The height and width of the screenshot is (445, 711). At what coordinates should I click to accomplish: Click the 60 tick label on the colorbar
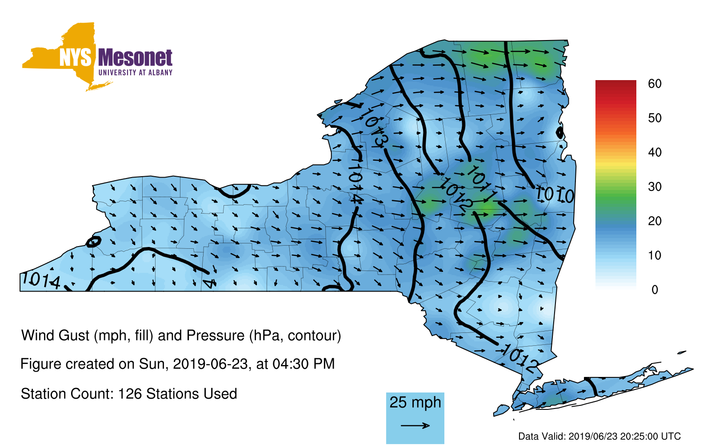point(655,84)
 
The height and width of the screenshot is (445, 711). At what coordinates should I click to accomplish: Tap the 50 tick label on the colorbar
point(655,118)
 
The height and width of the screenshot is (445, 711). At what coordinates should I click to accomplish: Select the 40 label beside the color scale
point(655,152)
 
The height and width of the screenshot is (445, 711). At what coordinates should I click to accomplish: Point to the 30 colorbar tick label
point(655,186)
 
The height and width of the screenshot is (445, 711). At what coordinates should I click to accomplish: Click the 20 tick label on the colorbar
point(655,221)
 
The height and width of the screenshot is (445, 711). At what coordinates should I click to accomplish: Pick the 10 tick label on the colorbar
point(655,255)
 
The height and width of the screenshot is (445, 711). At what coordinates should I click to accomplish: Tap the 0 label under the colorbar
point(655,290)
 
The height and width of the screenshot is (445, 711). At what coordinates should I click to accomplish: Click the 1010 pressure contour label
point(555,195)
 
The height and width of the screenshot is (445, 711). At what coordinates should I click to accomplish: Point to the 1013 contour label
point(375,128)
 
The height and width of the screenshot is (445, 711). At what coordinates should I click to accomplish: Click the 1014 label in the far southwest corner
point(41,280)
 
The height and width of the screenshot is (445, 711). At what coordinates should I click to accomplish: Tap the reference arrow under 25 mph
point(415,425)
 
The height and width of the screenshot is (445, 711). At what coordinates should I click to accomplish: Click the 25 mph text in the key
point(415,403)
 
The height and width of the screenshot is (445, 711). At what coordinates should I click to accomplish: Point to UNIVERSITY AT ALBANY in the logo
point(136,73)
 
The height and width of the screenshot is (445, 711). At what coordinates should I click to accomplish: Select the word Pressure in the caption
point(215,336)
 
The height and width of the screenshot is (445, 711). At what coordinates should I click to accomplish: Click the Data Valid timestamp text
point(599,437)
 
